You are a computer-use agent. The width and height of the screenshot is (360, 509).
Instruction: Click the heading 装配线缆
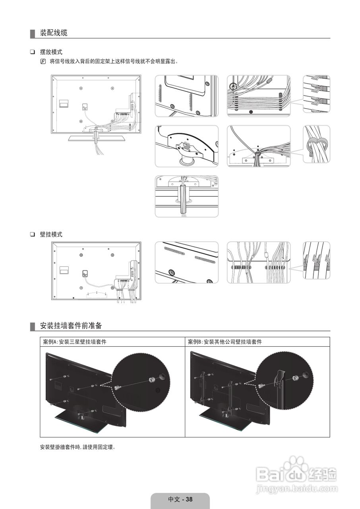[x=54, y=33]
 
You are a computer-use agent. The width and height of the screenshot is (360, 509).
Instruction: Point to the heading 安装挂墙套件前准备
[x=71, y=326]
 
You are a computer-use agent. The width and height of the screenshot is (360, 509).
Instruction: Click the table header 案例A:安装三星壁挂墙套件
[x=75, y=342]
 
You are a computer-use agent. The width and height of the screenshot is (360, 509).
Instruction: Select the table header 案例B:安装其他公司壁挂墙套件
[x=225, y=342]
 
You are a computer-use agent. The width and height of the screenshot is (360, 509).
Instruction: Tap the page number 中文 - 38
[x=180, y=499]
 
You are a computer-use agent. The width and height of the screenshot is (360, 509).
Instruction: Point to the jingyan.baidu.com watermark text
[x=296, y=488]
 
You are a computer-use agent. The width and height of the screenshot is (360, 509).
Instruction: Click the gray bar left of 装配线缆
[x=32, y=33]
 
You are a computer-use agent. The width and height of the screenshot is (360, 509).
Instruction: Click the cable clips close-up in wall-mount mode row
[x=316, y=262]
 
